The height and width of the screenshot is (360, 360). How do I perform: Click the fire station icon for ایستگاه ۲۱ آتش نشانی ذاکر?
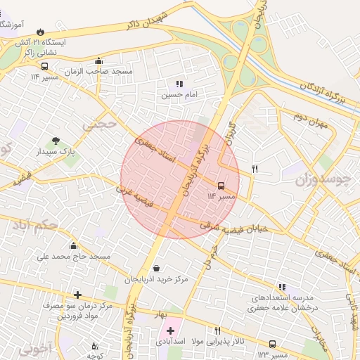[40, 32]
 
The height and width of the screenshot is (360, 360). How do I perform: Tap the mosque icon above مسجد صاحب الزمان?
[98, 61]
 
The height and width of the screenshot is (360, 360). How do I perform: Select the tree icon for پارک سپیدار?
[56, 141]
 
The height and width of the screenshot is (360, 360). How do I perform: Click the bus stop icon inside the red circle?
[221, 186]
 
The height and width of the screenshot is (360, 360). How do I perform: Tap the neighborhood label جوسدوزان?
[322, 180]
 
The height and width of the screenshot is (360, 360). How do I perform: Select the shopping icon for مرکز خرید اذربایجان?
[156, 268]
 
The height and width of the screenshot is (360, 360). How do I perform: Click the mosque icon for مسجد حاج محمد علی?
[74, 245]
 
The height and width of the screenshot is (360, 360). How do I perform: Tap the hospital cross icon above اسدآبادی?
[170, 330]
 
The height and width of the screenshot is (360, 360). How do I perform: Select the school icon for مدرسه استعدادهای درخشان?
[282, 287]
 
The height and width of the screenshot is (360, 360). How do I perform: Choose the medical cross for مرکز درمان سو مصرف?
[77, 295]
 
